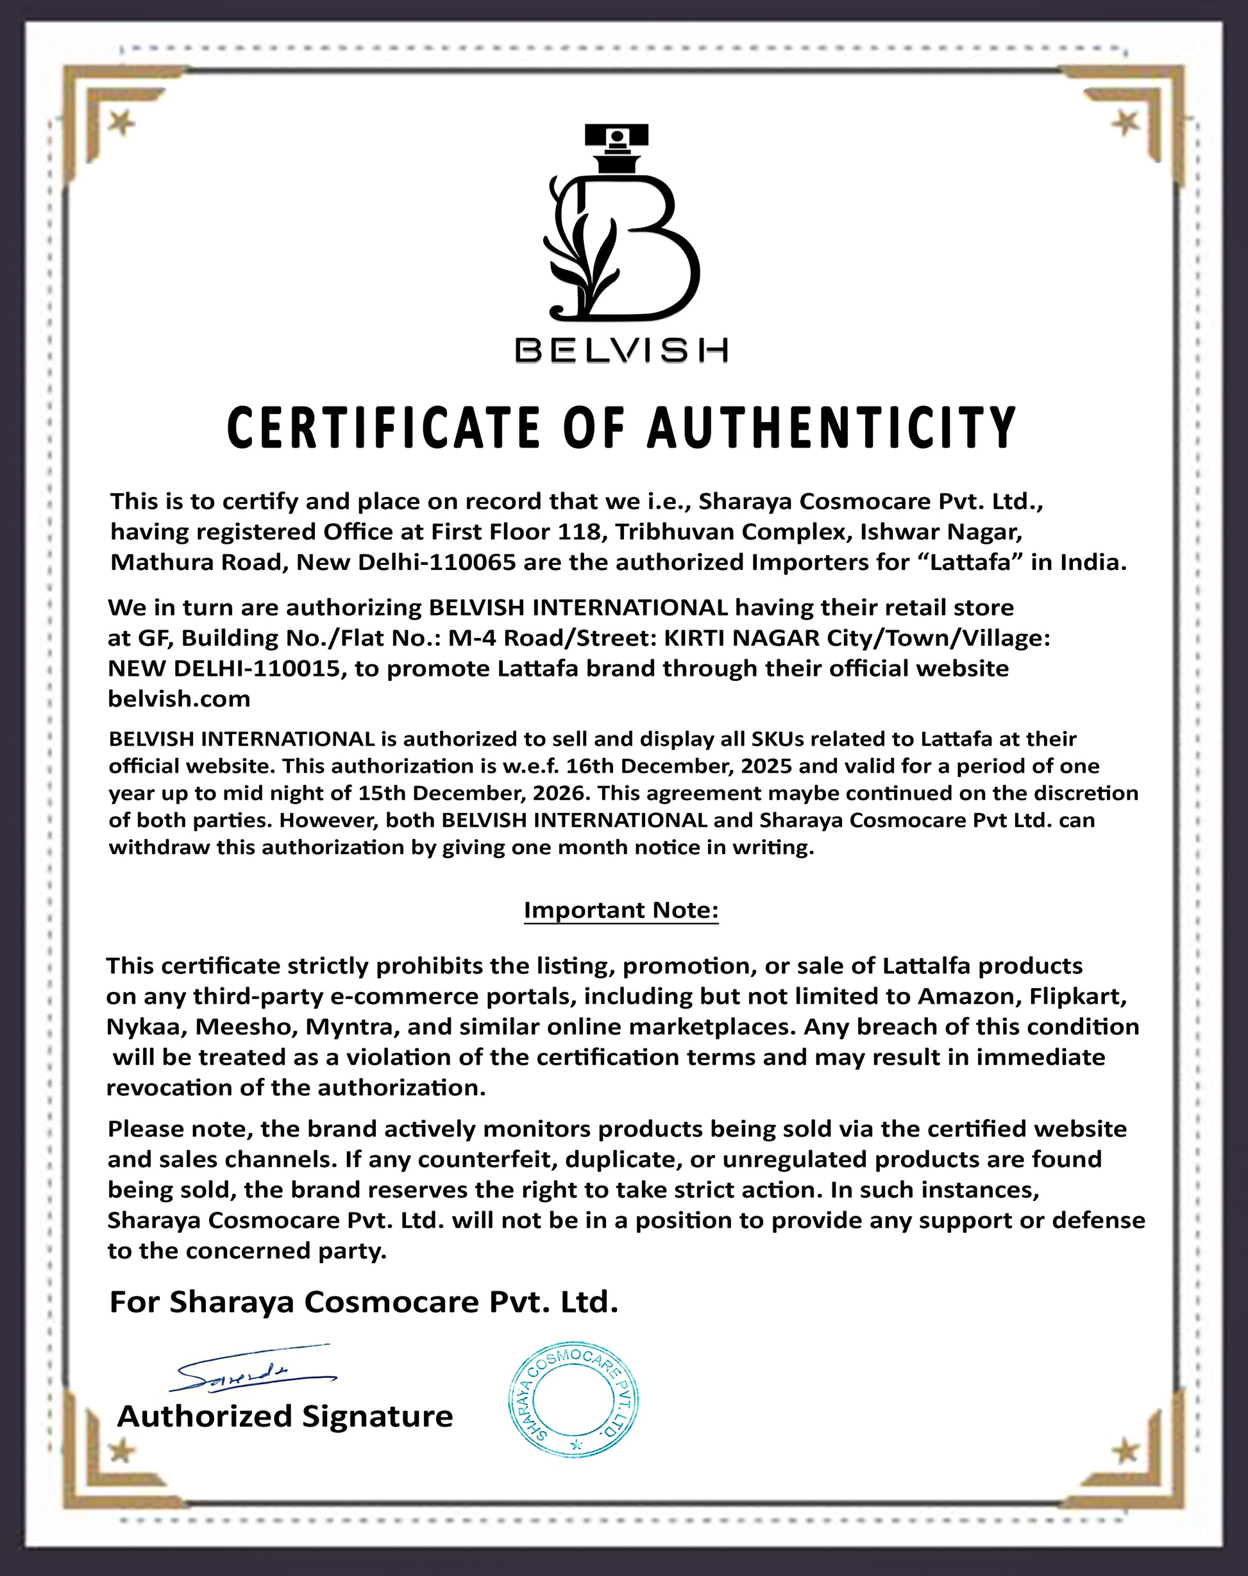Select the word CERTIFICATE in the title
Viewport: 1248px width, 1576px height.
(384, 428)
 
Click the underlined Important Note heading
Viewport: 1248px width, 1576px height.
(621, 910)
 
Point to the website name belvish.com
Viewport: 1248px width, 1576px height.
(179, 699)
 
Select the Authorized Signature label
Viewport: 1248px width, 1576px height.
(285, 1416)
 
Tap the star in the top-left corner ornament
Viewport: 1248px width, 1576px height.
(122, 124)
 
